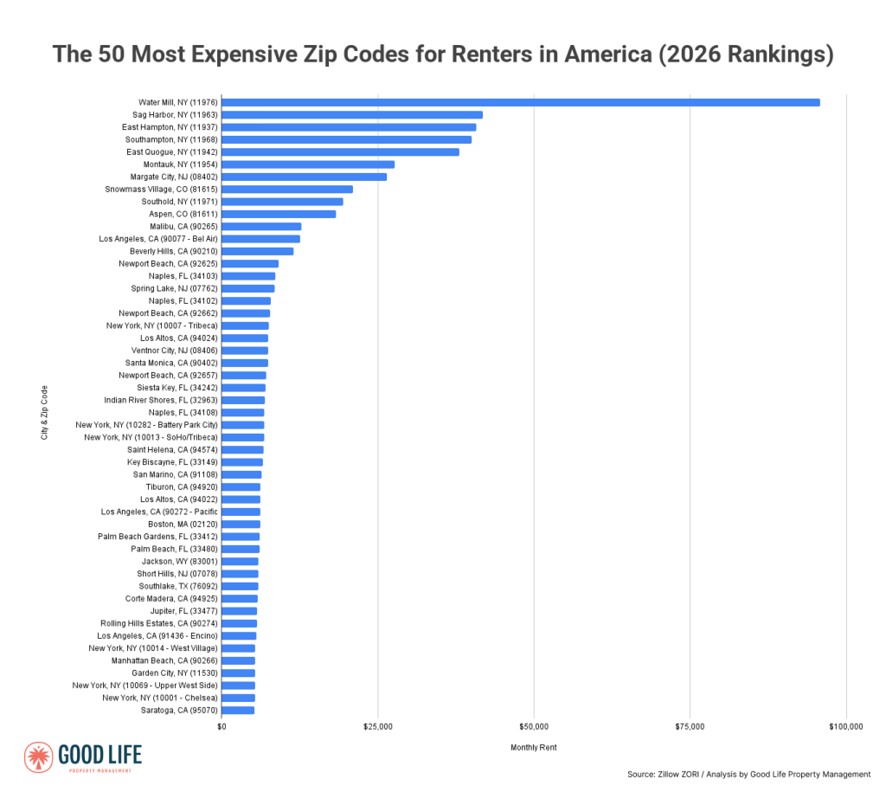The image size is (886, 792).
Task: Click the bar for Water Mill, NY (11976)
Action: coord(520,102)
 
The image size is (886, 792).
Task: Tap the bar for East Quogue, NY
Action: coord(340,151)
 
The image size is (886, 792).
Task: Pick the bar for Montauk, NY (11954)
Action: coord(308,164)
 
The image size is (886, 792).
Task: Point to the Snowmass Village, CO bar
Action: coord(286,189)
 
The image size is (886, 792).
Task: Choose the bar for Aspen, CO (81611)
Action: coord(279,214)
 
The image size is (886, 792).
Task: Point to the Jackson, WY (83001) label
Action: coord(179,561)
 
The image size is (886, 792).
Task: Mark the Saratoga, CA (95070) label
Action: coord(179,710)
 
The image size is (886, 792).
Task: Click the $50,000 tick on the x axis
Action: coord(534,726)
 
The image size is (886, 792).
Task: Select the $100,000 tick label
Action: coord(845,726)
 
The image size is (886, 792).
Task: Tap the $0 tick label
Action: coord(221,726)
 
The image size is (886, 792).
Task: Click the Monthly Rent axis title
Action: coord(534,747)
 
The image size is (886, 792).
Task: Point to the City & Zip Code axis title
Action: coord(45,412)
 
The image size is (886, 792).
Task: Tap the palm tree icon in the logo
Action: coord(39,757)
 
